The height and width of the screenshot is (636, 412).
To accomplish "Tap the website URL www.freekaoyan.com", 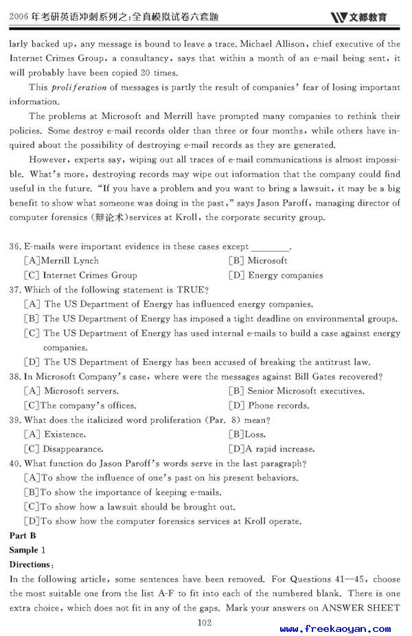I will pyautogui.click(x=335, y=628).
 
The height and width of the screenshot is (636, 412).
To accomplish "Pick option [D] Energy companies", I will pyautogui.click(x=276, y=275).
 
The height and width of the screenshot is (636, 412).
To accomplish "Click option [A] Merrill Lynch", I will pyautogui.click(x=62, y=261).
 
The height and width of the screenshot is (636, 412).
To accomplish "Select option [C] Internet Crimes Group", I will pyautogui.click(x=80, y=275).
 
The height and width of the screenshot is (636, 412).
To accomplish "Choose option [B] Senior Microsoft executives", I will pyautogui.click(x=296, y=391).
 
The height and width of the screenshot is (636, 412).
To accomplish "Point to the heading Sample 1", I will pyautogui.click(x=27, y=550).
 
